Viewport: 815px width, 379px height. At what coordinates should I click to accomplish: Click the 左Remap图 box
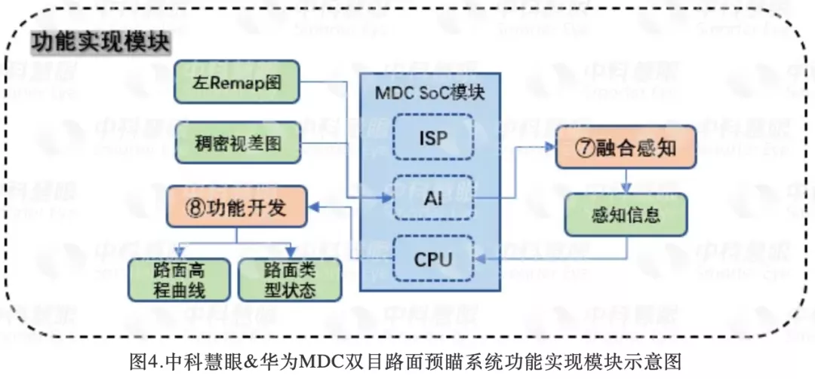pos(236,82)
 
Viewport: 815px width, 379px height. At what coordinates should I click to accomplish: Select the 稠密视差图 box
pos(236,143)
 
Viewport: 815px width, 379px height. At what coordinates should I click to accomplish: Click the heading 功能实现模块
pos(100,43)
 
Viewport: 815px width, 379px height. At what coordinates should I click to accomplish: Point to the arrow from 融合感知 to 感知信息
pos(626,181)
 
